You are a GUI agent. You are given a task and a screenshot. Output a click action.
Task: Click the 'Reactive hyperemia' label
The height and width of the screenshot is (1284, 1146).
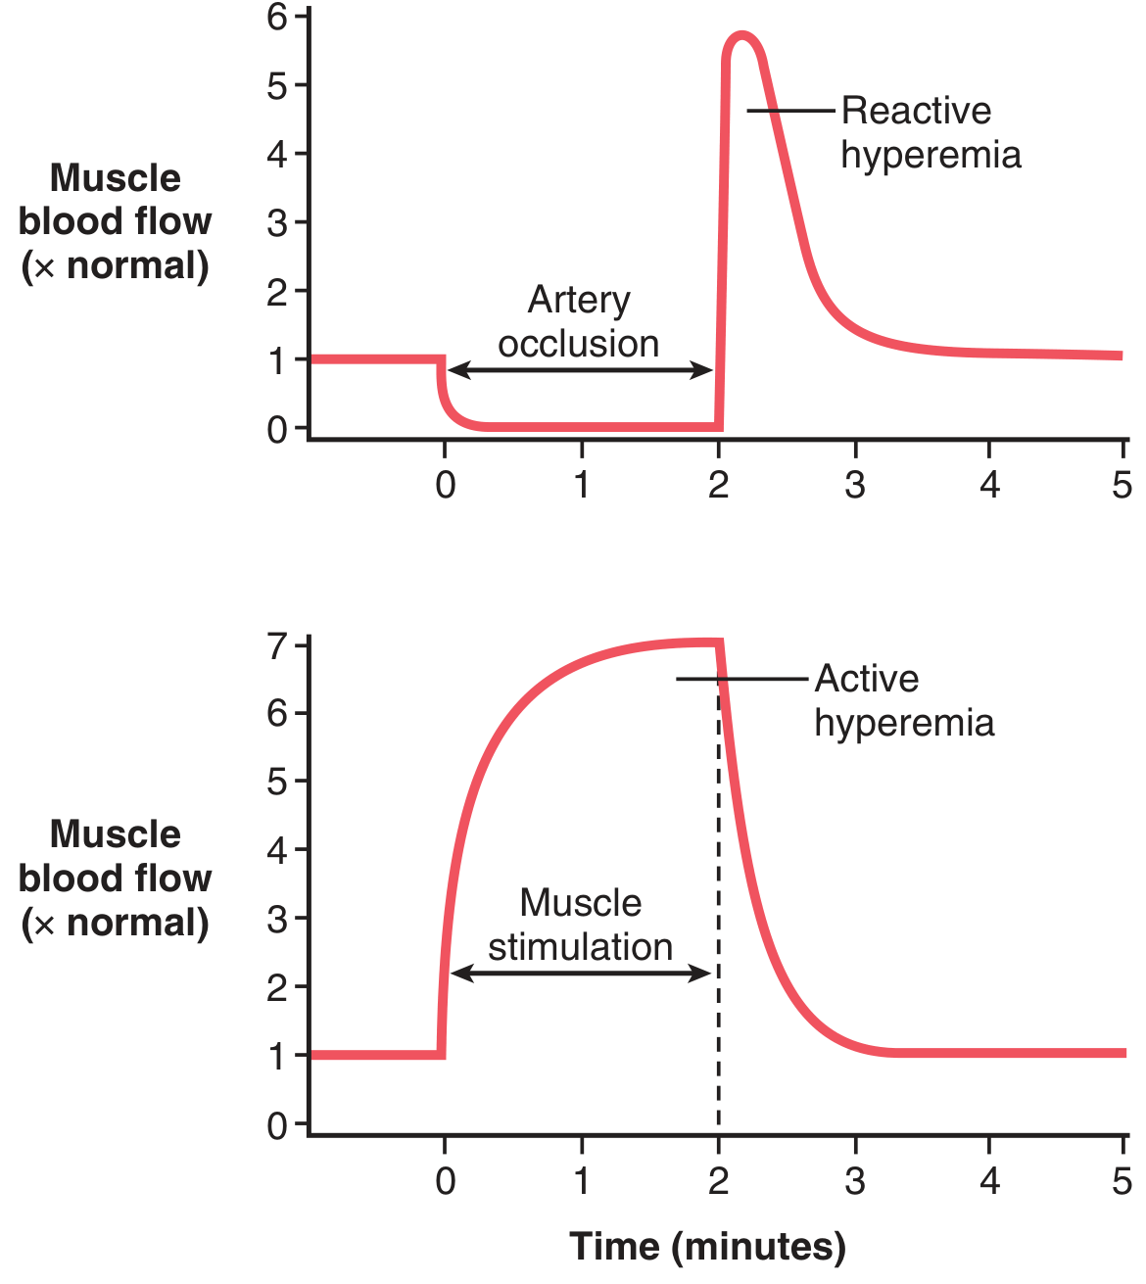931,133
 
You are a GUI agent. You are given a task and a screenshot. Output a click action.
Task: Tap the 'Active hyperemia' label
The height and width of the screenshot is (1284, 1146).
904,700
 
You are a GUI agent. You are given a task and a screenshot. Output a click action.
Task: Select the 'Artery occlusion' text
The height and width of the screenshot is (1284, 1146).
579,321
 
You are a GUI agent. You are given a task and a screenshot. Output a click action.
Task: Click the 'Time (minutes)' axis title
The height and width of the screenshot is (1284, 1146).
707,1247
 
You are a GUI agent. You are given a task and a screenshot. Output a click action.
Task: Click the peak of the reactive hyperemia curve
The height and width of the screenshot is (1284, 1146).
741,35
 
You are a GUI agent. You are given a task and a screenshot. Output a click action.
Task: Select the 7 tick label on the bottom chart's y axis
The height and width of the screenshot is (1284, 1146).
277,646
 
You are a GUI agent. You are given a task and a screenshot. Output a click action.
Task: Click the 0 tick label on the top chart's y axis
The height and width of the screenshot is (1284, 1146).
277,429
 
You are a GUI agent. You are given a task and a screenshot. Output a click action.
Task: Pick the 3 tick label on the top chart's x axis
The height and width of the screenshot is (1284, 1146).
855,485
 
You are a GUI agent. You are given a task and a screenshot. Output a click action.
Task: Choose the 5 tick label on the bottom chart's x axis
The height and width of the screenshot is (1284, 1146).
1122,1181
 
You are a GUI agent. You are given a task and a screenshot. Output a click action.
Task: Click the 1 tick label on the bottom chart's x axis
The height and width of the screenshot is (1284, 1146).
582,1181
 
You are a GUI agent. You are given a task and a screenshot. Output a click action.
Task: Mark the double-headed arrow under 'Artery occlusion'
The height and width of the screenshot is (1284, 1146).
580,369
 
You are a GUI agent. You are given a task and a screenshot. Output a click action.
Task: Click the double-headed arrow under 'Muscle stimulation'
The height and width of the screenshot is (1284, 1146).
580,973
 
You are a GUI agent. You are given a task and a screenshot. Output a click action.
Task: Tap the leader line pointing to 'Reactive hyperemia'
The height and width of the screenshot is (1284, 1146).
791,111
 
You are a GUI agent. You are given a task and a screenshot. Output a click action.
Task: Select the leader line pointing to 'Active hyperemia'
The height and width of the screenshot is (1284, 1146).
742,679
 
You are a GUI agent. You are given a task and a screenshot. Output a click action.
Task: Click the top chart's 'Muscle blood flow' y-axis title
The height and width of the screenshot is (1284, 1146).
115,221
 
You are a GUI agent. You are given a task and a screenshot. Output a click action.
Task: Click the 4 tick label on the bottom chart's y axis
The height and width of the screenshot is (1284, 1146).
277,850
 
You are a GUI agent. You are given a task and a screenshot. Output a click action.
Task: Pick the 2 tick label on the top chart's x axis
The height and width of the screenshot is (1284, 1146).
718,485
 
